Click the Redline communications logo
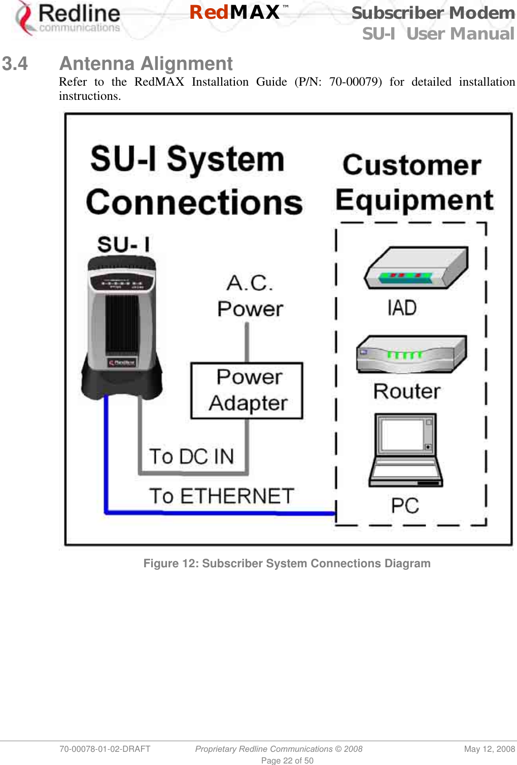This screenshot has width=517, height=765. [x=68, y=19]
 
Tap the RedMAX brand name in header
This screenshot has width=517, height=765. [x=235, y=12]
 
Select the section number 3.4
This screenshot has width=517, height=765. [x=15, y=64]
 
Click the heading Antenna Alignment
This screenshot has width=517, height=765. [x=146, y=64]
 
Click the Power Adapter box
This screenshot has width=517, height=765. [x=247, y=390]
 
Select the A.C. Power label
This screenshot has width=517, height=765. [x=250, y=296]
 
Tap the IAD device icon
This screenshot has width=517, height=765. [x=416, y=268]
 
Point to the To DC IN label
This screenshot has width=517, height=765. [x=191, y=456]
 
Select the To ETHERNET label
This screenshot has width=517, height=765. [x=222, y=496]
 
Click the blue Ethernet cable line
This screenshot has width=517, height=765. [x=218, y=513]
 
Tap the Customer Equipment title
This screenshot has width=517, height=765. [x=413, y=183]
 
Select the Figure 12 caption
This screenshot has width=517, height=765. [x=287, y=563]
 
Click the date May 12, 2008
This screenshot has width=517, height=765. [x=489, y=749]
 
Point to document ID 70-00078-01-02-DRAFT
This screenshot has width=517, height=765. [x=105, y=749]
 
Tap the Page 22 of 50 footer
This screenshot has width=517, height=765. [x=287, y=760]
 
